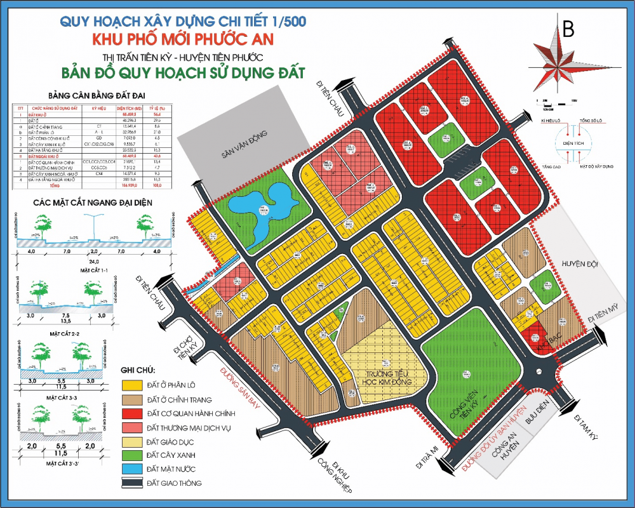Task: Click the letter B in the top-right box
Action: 568,29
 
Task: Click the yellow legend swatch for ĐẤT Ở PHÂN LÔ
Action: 131,385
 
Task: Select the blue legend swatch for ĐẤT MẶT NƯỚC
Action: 131,469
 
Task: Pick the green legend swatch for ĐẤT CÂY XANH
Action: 131,455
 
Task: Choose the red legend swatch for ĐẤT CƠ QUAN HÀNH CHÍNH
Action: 131,413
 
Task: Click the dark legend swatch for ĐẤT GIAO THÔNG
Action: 131,483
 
